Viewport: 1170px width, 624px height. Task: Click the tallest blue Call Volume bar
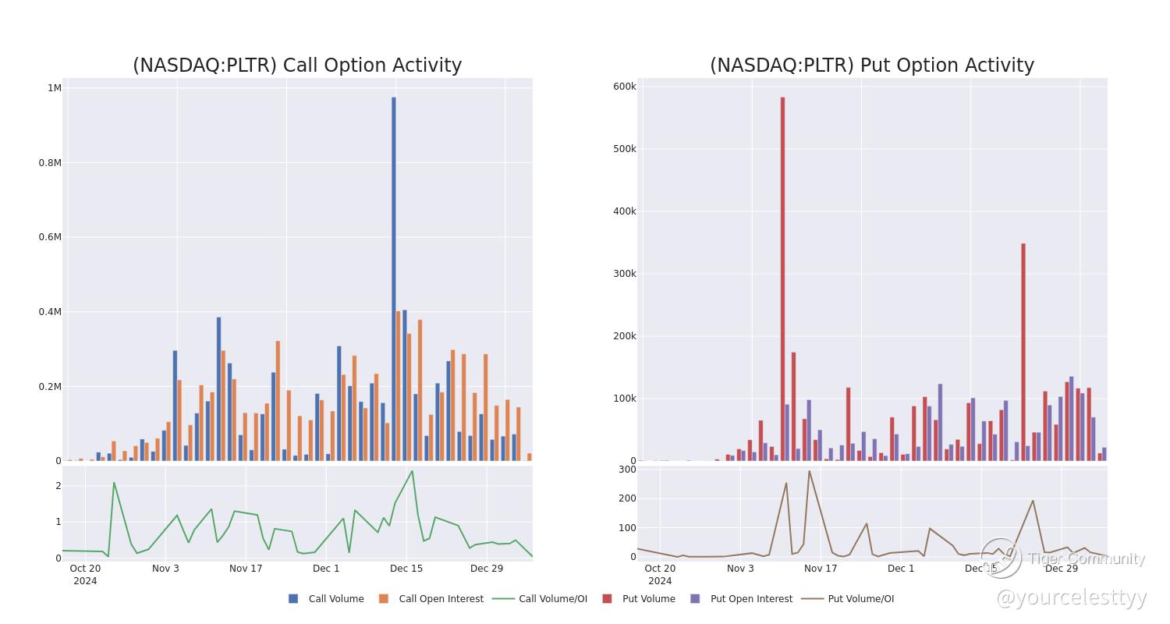(394, 278)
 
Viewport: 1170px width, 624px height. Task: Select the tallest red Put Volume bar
(782, 278)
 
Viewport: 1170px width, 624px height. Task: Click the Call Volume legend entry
(327, 599)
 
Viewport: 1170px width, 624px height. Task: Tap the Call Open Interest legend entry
(431, 599)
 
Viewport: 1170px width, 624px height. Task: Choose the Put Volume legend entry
(639, 599)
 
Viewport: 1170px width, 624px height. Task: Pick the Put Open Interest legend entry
(742, 599)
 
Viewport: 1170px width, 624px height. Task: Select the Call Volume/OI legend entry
(540, 599)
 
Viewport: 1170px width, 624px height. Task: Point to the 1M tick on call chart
(55, 87)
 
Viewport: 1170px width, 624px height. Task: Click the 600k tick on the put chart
(625, 86)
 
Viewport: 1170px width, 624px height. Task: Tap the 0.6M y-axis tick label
(50, 237)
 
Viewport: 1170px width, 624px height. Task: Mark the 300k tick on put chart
(625, 274)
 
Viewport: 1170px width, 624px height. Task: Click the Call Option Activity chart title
(297, 66)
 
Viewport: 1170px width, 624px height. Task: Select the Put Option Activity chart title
(872, 66)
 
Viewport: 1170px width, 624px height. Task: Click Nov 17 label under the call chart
(246, 568)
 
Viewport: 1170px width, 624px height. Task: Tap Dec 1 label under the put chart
(901, 568)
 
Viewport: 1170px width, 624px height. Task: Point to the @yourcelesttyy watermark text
(1072, 598)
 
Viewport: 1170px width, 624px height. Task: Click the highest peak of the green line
(412, 471)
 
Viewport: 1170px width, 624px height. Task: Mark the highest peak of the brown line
(809, 471)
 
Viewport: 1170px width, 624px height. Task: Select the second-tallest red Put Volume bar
(1023, 352)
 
